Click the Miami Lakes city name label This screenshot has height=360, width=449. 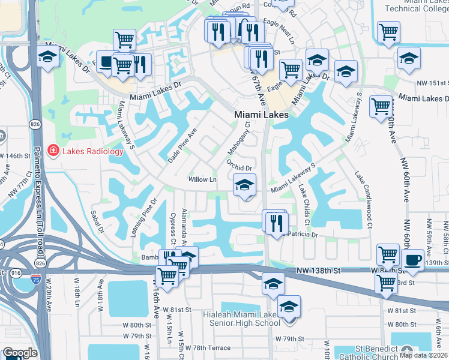tap(261, 115)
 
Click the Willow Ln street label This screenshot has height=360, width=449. tap(202, 179)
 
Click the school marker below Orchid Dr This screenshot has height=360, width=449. tap(244, 187)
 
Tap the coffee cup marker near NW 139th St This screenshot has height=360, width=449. tap(412, 260)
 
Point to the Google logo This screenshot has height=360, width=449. tap(20, 353)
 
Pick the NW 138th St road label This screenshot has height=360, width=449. tap(318, 271)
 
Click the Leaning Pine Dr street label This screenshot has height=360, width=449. tap(143, 217)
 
